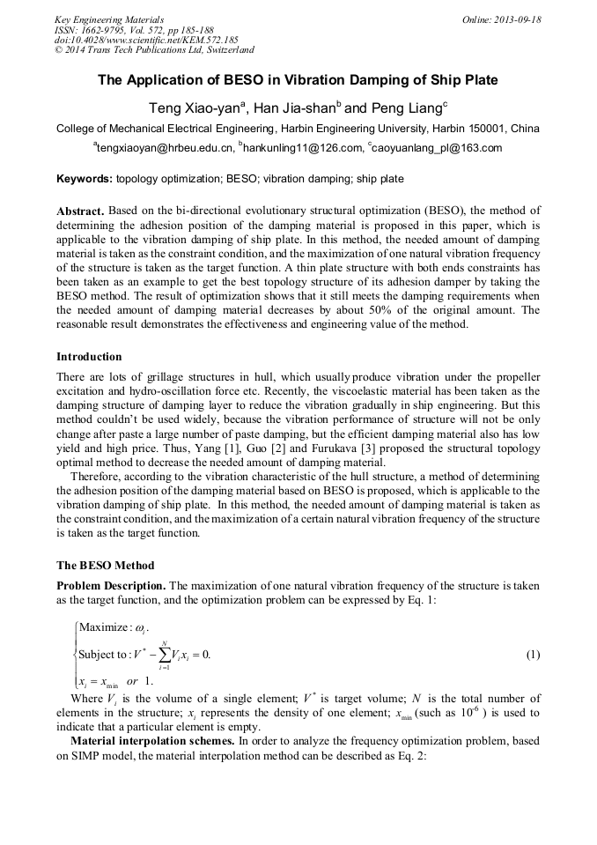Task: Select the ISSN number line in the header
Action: click(133, 30)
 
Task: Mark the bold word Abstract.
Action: click(80, 211)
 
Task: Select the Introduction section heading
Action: click(89, 357)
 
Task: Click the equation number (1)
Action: click(533, 655)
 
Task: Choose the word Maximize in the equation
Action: click(104, 627)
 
